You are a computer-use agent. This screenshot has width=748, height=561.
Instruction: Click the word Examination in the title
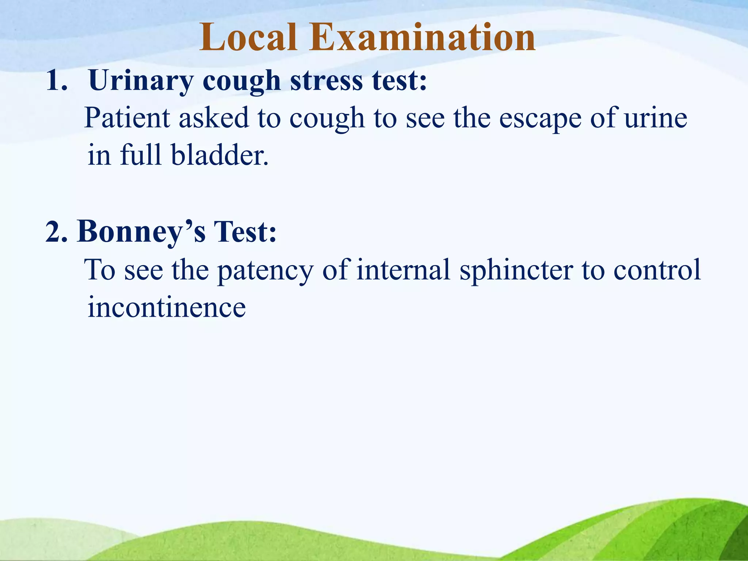(x=422, y=37)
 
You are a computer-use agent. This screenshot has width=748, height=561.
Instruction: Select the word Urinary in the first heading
(x=141, y=81)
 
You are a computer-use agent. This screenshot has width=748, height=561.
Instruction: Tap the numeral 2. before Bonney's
(x=57, y=232)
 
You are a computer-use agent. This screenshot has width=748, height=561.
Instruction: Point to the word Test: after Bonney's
(x=245, y=232)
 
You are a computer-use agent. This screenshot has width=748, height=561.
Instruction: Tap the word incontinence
(x=167, y=307)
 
